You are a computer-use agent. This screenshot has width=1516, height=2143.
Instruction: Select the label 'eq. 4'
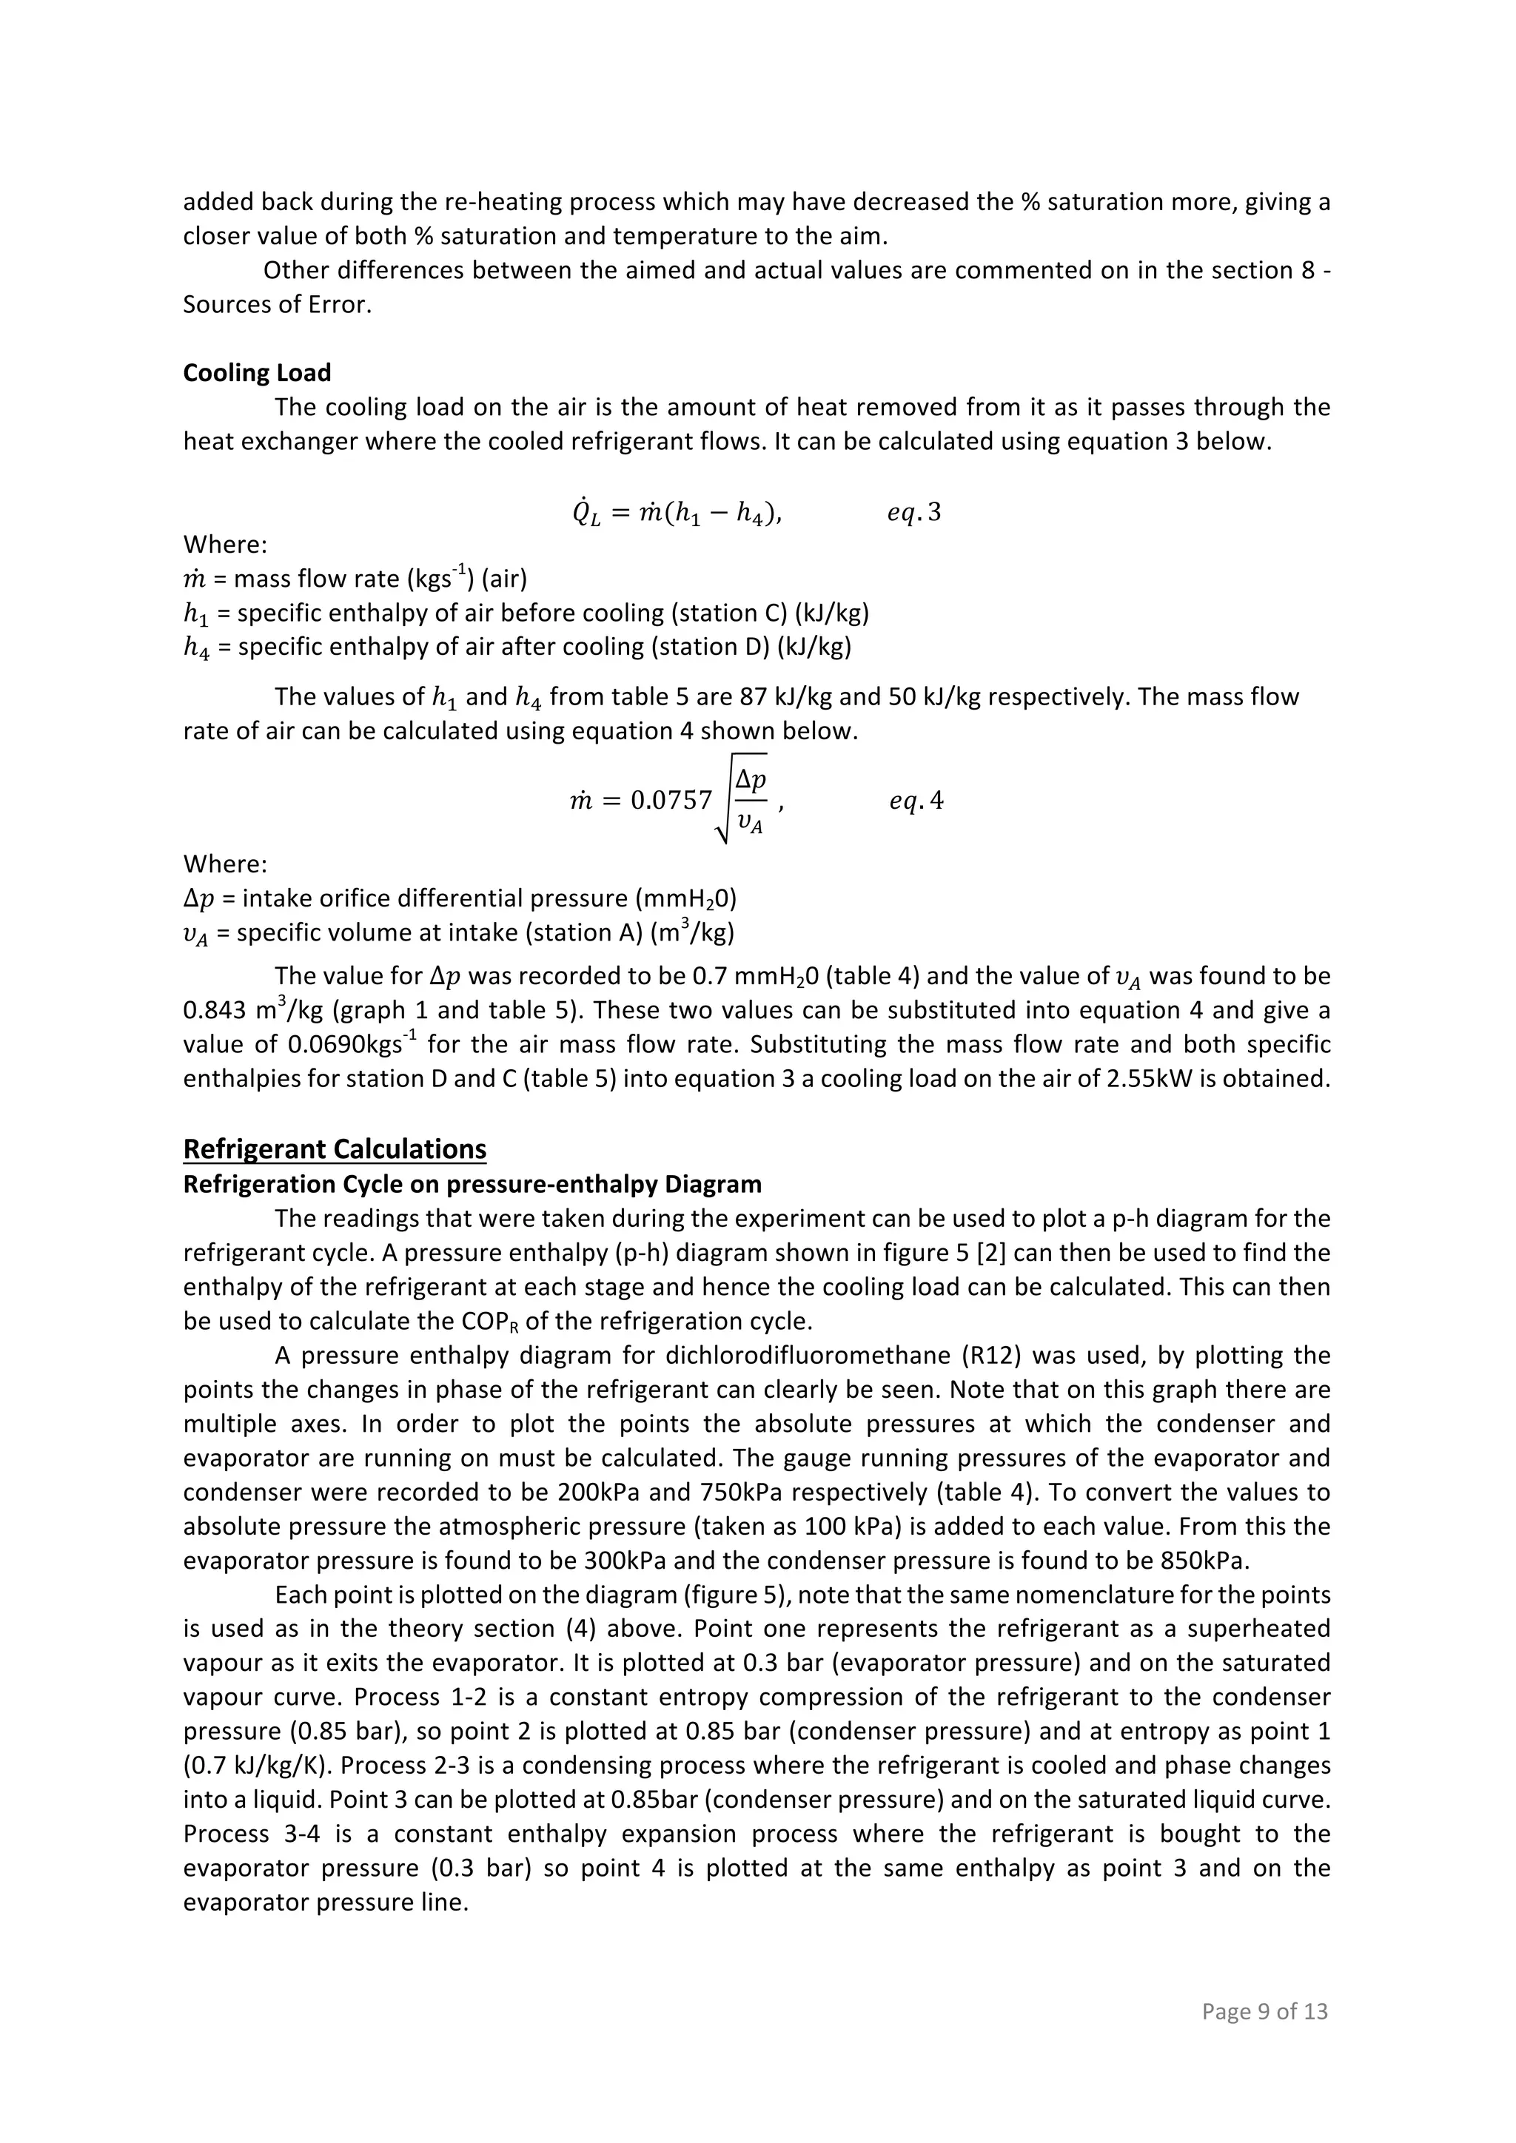click(916, 801)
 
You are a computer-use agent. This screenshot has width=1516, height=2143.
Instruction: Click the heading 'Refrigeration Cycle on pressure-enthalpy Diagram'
click(472, 1185)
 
